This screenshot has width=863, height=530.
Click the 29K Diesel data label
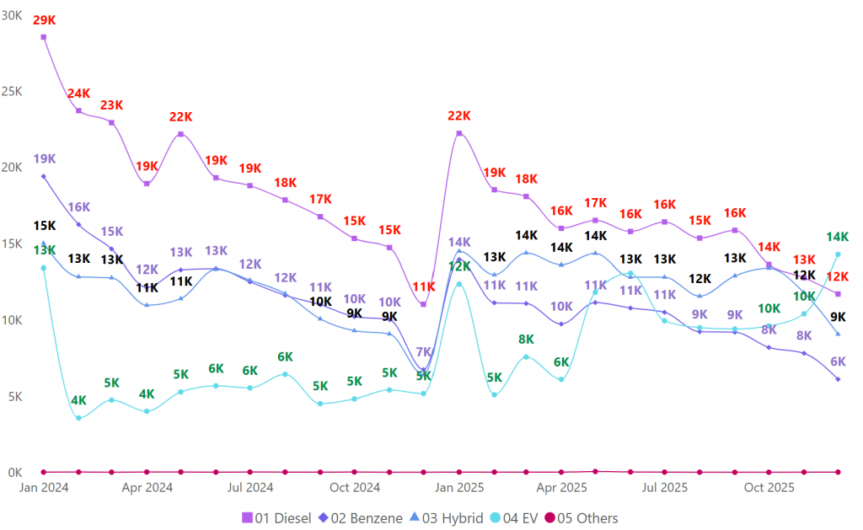pos(44,19)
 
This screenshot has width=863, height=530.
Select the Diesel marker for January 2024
pos(44,37)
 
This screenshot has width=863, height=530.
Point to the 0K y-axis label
pos(14,472)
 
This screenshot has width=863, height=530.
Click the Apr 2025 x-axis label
pos(561,487)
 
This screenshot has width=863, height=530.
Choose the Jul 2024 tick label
pos(250,487)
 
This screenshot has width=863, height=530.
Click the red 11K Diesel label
pos(424,286)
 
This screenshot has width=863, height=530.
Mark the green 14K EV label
pos(837,237)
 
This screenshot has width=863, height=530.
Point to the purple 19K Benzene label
pos(45,158)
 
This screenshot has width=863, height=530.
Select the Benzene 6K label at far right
pos(837,361)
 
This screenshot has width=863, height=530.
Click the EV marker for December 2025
pos(838,254)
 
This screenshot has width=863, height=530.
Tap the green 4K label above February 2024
pos(78,400)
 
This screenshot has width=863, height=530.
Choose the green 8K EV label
pos(526,340)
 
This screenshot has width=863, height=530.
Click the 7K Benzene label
pos(424,352)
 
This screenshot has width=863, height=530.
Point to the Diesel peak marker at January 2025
pos(459,133)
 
